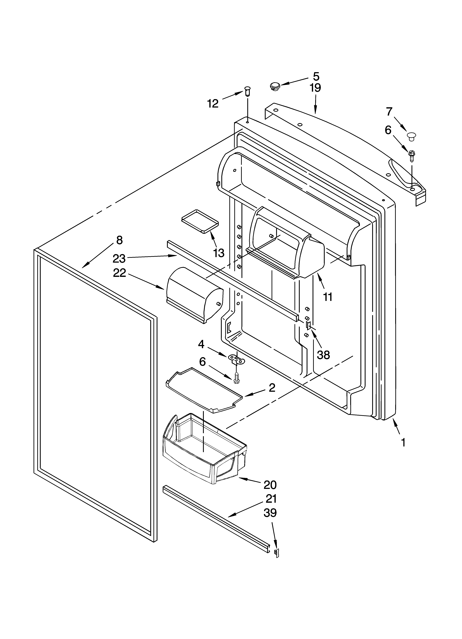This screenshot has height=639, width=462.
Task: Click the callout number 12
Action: tap(213, 104)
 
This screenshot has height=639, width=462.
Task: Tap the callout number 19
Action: tap(315, 88)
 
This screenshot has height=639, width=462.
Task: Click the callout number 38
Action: tap(323, 355)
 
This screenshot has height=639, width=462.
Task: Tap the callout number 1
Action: tap(403, 443)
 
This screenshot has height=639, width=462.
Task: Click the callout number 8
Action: tap(119, 240)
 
